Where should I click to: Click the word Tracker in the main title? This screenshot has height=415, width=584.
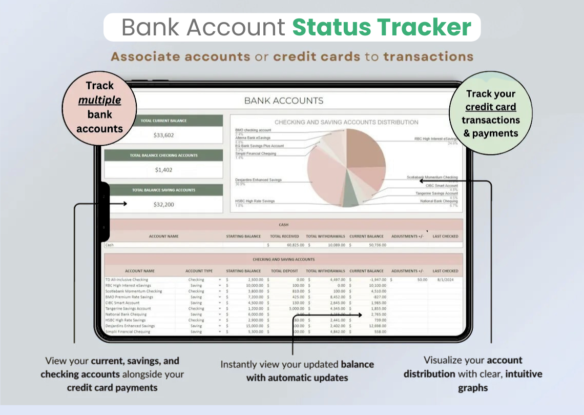click(x=427, y=27)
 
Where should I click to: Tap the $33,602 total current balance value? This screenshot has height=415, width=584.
click(x=164, y=135)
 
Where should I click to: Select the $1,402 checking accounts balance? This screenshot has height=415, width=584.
click(x=164, y=170)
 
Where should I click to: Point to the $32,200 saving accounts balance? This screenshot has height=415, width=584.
click(x=164, y=204)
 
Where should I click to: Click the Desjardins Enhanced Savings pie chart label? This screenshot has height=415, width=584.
click(x=259, y=180)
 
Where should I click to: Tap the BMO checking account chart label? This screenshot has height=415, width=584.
click(x=253, y=130)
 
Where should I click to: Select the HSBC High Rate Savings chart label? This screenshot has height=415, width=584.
click(x=255, y=201)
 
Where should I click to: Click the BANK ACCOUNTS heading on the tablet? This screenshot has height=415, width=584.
click(x=284, y=101)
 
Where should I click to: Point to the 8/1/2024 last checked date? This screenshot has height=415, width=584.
click(x=445, y=280)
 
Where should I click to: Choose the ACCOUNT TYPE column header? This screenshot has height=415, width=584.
click(x=199, y=271)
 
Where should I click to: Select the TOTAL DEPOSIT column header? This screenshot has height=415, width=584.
click(x=284, y=271)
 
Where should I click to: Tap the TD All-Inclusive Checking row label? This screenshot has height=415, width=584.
click(x=127, y=280)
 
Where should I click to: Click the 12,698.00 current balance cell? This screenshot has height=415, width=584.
click(x=377, y=326)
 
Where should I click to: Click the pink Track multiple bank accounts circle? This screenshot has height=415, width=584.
click(x=99, y=107)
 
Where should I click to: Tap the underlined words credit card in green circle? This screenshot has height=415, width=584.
click(x=490, y=107)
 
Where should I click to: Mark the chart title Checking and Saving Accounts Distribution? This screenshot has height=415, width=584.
click(x=346, y=122)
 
